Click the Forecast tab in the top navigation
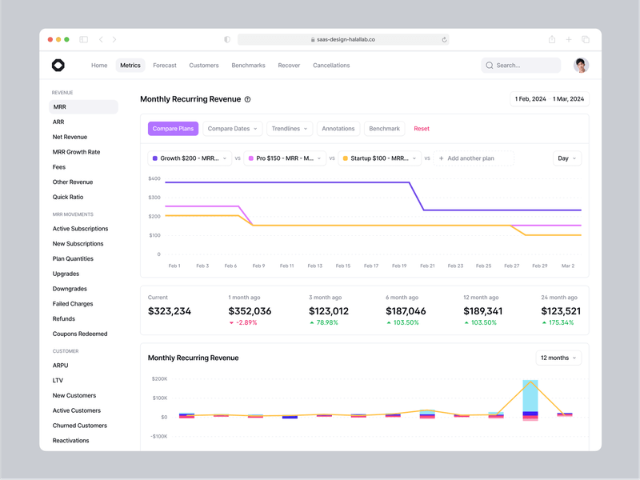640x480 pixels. point(165,66)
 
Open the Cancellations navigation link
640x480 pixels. point(331,66)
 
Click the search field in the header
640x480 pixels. point(521,66)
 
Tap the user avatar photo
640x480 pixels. point(582,66)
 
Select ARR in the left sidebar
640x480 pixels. point(58,122)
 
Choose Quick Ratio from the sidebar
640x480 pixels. point(68,197)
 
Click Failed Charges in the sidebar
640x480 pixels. point(73,304)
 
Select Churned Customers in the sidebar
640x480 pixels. point(80,426)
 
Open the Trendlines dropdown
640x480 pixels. point(289,129)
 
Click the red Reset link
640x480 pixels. point(422,129)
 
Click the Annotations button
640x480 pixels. point(338,129)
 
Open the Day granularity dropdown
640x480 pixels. point(566,158)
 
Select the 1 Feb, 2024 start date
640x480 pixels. point(530,99)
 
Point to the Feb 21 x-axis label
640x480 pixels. point(427,266)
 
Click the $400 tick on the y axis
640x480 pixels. point(154,178)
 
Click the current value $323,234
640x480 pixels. point(170,311)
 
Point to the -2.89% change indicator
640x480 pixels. point(243,323)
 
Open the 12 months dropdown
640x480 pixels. point(558,358)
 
